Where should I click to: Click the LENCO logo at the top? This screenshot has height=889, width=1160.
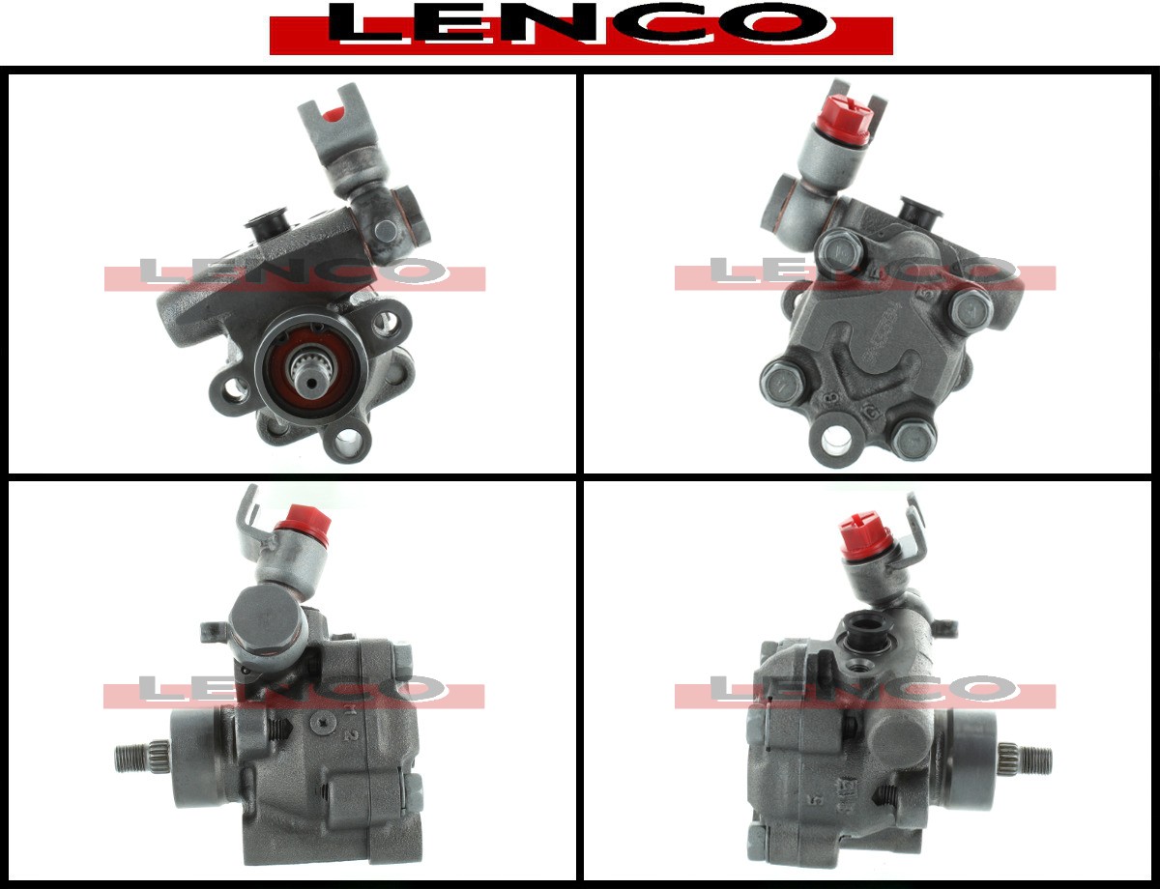(x=581, y=28)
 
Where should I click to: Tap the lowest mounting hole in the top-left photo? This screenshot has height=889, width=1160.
(x=349, y=443)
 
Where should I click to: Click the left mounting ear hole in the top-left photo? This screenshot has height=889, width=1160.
(x=234, y=389)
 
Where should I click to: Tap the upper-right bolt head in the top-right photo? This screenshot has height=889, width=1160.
(x=969, y=309)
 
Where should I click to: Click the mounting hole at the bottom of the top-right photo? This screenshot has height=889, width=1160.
(x=836, y=440)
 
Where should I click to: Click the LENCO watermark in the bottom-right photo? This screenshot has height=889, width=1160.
(x=865, y=691)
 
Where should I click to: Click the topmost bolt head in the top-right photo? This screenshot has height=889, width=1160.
(x=841, y=252)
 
